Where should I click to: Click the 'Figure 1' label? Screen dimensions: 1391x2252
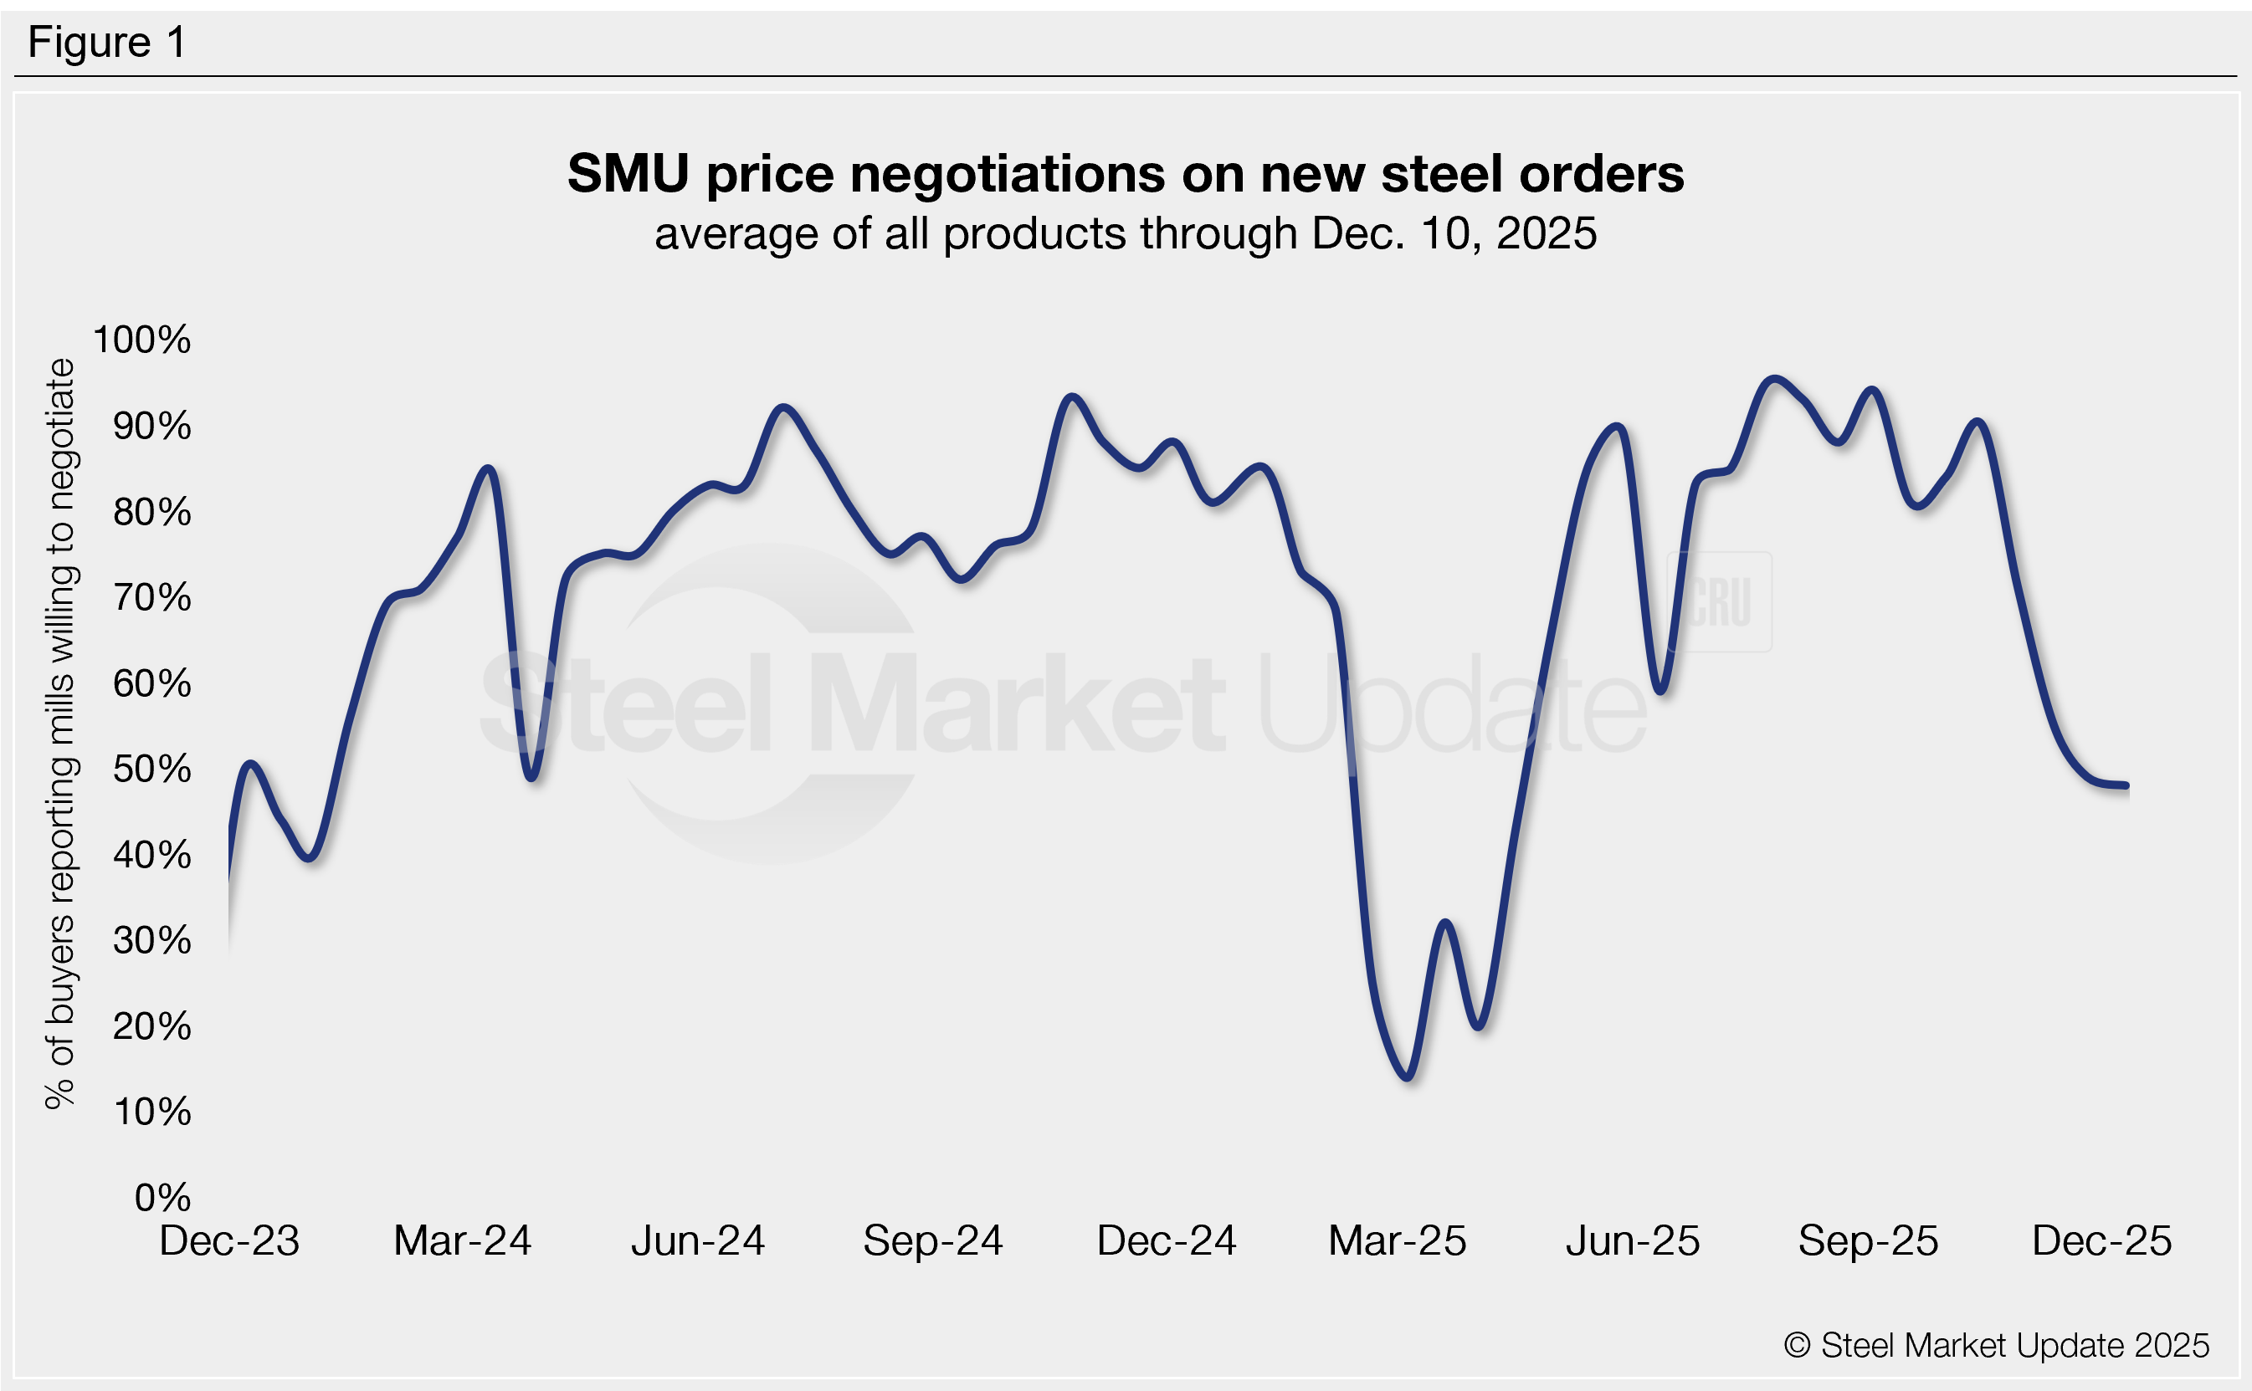(x=107, y=43)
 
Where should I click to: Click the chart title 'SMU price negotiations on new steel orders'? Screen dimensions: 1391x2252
(x=1125, y=173)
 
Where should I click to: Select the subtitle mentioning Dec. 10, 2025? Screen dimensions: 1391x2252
(x=1125, y=233)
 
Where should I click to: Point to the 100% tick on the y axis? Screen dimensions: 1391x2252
(x=141, y=340)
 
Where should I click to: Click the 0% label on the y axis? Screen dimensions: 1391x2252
(x=162, y=1197)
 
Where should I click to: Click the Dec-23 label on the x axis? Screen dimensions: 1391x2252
(x=229, y=1241)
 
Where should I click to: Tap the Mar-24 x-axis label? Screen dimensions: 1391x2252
(x=462, y=1241)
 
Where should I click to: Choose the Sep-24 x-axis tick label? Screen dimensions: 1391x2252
(x=932, y=1241)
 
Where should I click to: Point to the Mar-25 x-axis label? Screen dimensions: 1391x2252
(x=1397, y=1241)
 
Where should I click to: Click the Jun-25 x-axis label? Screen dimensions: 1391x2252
(x=1633, y=1241)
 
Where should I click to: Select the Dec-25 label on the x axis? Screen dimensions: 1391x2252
(x=2102, y=1241)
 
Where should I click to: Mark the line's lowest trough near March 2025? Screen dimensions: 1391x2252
(x=1408, y=1076)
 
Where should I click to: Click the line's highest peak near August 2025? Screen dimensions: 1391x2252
(x=1774, y=379)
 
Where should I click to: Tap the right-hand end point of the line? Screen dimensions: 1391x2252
(x=2126, y=786)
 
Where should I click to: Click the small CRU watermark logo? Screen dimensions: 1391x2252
(x=1719, y=601)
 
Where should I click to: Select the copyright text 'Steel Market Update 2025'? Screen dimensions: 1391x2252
(x=1996, y=1345)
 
